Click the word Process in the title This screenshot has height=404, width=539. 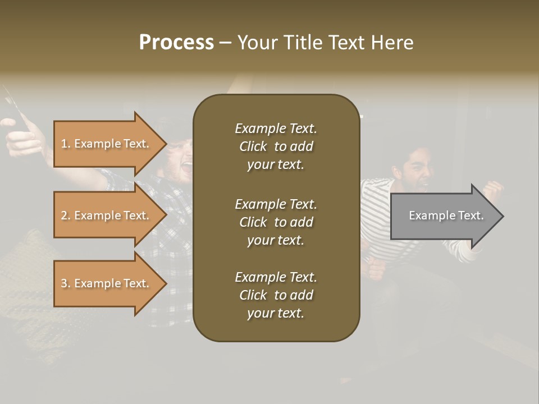click(x=176, y=43)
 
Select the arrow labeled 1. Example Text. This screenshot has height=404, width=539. click(x=107, y=144)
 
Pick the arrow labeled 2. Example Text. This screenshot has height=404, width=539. click(x=107, y=215)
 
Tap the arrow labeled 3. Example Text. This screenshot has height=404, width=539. click(x=107, y=283)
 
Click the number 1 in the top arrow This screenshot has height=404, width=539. click(x=64, y=144)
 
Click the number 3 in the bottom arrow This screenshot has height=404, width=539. click(x=64, y=283)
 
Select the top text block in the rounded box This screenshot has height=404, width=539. click(x=276, y=146)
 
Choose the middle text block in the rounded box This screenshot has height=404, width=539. click(x=276, y=222)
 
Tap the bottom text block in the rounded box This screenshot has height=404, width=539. click(x=276, y=295)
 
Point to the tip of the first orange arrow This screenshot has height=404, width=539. click(x=166, y=144)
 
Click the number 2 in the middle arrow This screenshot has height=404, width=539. click(x=64, y=215)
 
